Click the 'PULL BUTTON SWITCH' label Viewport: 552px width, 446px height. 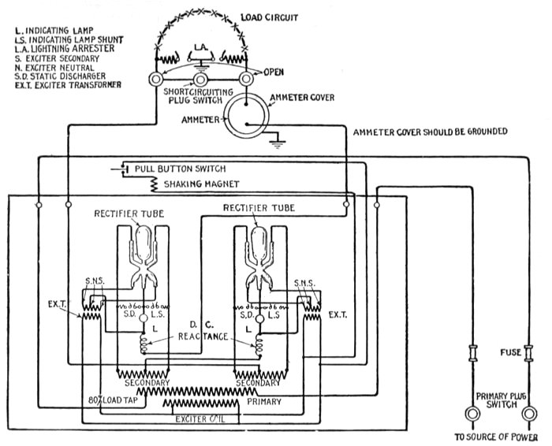point(180,169)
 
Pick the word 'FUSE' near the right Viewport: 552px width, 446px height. point(511,352)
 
